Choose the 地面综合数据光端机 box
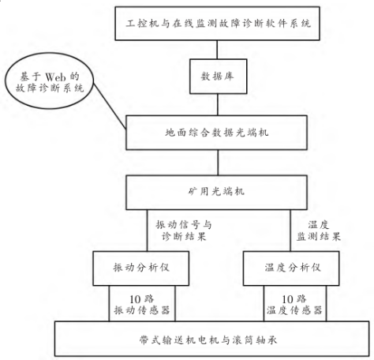(215, 131)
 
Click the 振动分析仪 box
(142, 265)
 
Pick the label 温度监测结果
(324, 228)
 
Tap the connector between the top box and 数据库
(215, 51)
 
